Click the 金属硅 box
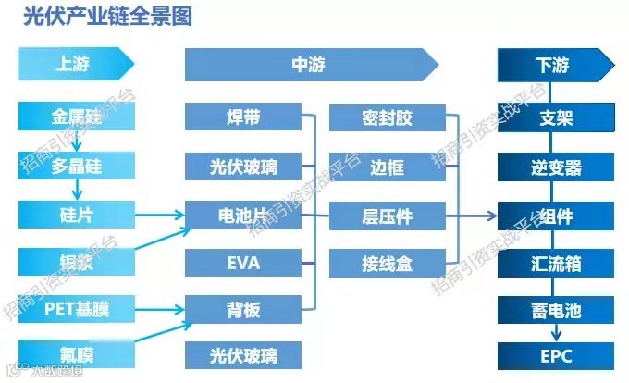coord(77,117)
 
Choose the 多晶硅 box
coord(77,167)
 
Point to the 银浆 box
coord(77,262)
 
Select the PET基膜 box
coord(77,310)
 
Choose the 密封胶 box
coord(387,117)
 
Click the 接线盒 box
coord(387,263)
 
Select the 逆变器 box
coord(555,167)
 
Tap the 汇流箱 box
coord(555,263)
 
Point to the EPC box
coord(555,355)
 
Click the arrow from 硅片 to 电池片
coord(159,216)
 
